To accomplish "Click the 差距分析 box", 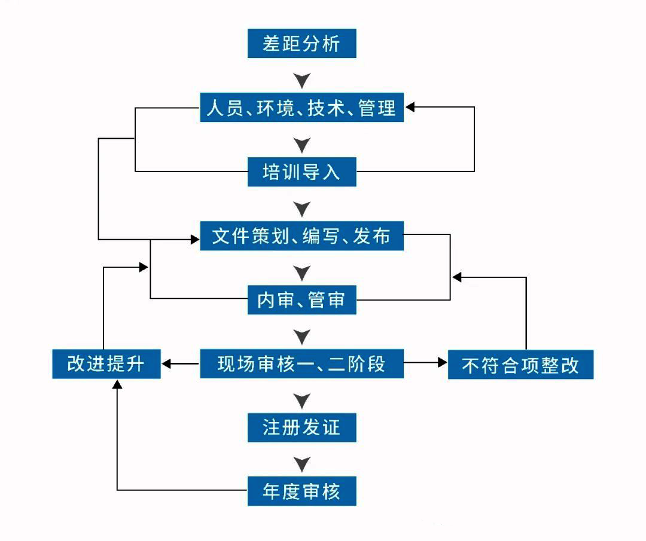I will click(302, 44).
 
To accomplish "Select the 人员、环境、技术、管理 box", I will click(302, 108).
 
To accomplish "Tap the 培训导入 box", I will click(302, 172).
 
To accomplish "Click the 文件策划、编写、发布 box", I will click(302, 236).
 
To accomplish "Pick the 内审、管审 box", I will click(302, 300).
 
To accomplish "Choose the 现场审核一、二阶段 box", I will click(302, 363).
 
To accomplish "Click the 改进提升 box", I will click(106, 363).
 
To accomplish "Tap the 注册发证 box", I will click(302, 427).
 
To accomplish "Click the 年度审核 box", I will click(302, 491).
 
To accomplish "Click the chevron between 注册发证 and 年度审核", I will click(303, 463).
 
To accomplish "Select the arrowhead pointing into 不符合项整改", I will click(443, 363).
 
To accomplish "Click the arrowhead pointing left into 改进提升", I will click(167, 363).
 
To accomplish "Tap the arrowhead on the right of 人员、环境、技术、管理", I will click(410, 108).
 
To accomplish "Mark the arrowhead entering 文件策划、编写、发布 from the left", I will click(194, 240).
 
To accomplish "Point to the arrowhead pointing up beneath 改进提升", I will click(117, 384).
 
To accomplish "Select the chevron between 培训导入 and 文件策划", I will click(303, 209).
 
